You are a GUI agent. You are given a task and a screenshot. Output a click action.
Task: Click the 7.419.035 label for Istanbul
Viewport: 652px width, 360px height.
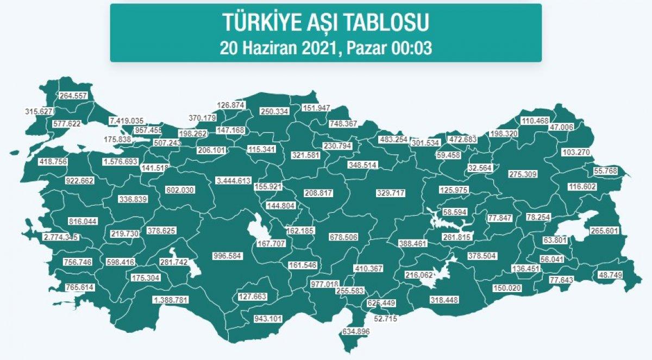[x=127, y=121]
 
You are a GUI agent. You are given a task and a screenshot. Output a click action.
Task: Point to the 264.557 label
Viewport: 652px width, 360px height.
[x=74, y=96]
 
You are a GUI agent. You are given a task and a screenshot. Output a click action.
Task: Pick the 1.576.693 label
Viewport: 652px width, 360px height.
[x=121, y=162]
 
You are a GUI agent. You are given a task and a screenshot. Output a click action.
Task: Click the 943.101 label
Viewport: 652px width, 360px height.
[x=268, y=319]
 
